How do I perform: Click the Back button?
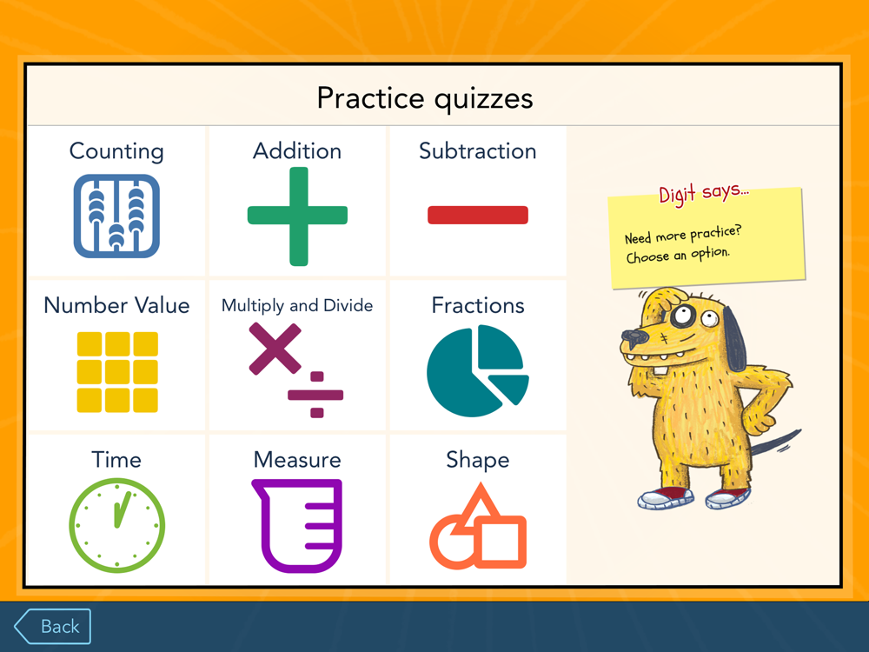53,627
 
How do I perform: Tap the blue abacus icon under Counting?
116,216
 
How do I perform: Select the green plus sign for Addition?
297,216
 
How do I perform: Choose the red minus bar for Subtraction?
478,215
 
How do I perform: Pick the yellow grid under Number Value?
117,372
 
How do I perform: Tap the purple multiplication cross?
275,349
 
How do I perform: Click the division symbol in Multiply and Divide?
316,395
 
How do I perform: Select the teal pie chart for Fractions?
476,371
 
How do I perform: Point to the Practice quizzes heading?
425,99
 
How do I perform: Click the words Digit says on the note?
703,193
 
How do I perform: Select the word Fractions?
478,305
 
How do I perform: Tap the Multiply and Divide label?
297,305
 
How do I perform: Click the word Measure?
297,460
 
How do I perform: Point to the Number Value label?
117,305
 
